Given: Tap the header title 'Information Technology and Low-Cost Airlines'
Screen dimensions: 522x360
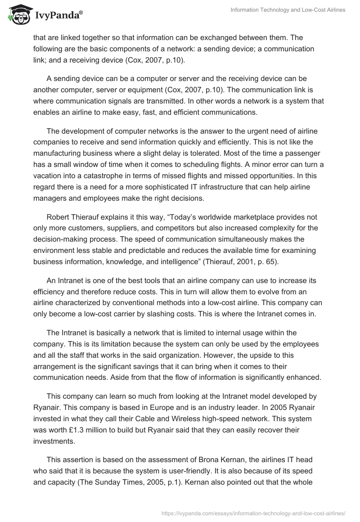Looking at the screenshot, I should [x=288, y=10].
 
